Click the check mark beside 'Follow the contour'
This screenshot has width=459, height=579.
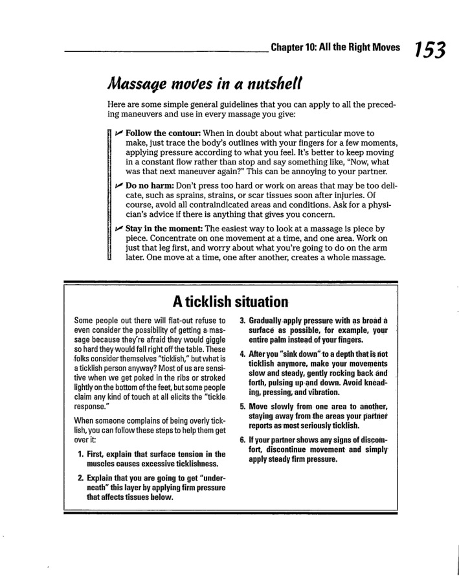120,133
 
